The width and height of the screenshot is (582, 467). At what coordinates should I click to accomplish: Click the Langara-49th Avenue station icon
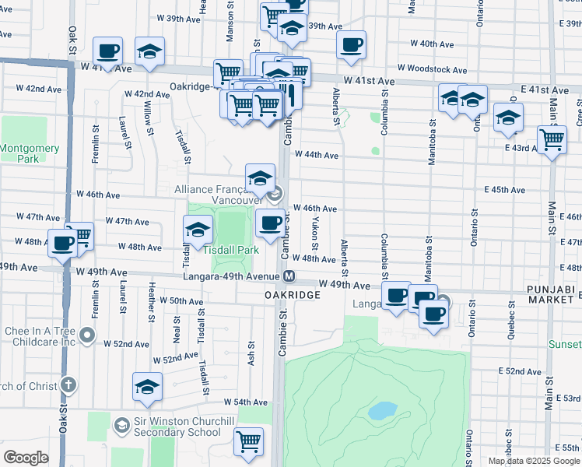[x=289, y=276]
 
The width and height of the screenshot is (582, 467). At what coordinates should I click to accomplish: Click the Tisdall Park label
[x=230, y=250]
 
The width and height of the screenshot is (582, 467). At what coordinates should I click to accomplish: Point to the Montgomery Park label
[x=19, y=153]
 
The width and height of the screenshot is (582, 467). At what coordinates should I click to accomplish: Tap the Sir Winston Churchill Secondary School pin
[x=121, y=425]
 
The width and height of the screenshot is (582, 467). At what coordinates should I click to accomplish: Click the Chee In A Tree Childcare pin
[x=88, y=337]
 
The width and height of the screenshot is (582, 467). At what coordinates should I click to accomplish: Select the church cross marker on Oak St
[x=68, y=384]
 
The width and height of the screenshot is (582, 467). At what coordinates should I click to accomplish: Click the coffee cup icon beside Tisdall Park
[x=270, y=223]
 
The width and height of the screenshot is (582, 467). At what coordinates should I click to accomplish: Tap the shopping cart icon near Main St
[x=552, y=140]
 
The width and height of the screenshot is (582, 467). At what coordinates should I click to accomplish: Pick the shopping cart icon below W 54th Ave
[x=249, y=441]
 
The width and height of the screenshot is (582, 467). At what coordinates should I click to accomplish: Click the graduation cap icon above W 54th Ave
[x=147, y=387]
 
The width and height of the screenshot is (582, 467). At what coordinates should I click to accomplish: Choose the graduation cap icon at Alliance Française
[x=260, y=178]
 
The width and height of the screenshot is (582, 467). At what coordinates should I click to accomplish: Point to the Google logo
[x=26, y=458]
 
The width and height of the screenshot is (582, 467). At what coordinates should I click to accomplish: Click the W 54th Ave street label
[x=245, y=402]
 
